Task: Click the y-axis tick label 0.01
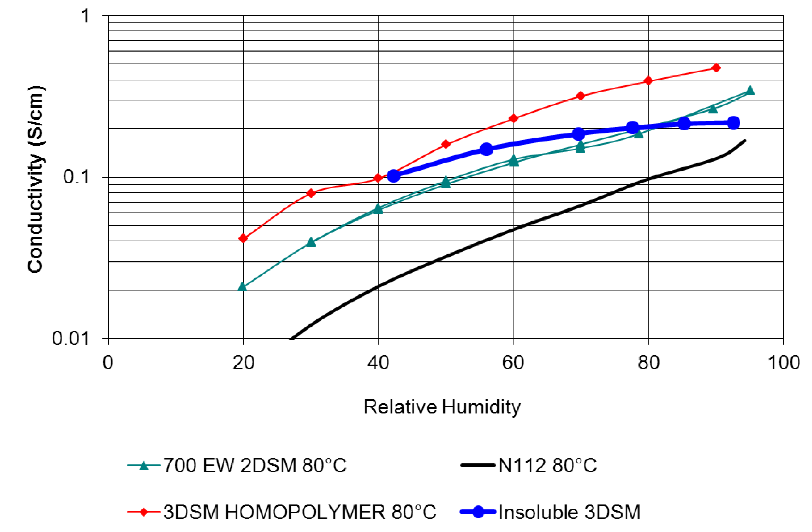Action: [x=70, y=338]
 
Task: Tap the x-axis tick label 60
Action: [x=513, y=363]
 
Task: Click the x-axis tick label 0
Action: [x=108, y=363]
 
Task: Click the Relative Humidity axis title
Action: [x=442, y=407]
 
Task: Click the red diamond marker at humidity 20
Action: [x=243, y=238]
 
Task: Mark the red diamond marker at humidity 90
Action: [x=716, y=67]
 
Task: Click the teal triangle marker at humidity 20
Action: [x=243, y=287]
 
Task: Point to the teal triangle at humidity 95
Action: [x=749, y=90]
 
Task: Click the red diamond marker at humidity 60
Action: [x=513, y=119]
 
